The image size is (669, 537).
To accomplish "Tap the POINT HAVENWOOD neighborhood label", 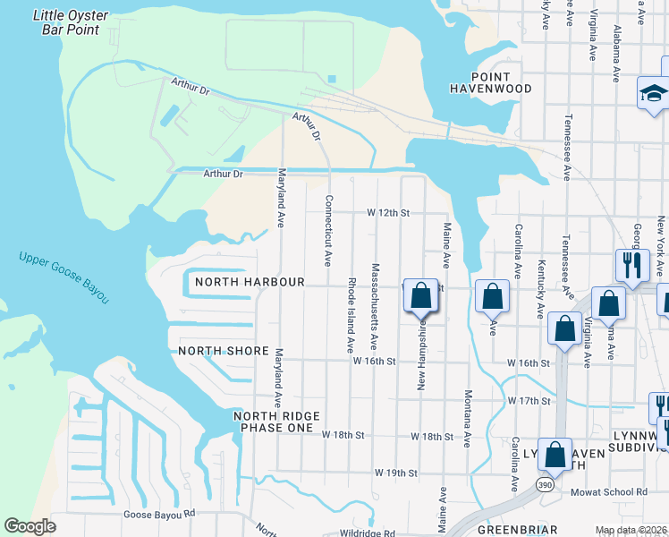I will click(x=491, y=82).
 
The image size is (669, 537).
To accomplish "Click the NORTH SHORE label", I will click(x=224, y=351).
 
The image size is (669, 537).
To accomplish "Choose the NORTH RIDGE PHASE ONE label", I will click(x=274, y=422).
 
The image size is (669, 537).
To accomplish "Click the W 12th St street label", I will click(x=387, y=213).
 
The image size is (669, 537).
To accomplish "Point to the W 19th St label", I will click(x=396, y=472).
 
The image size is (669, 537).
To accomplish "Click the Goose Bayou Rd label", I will click(x=158, y=514).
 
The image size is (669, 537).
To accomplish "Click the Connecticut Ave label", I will click(x=328, y=231).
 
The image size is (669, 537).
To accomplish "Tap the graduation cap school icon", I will click(x=654, y=93).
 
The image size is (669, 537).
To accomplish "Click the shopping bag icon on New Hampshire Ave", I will click(x=422, y=294).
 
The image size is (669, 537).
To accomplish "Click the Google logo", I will click(x=30, y=526).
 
